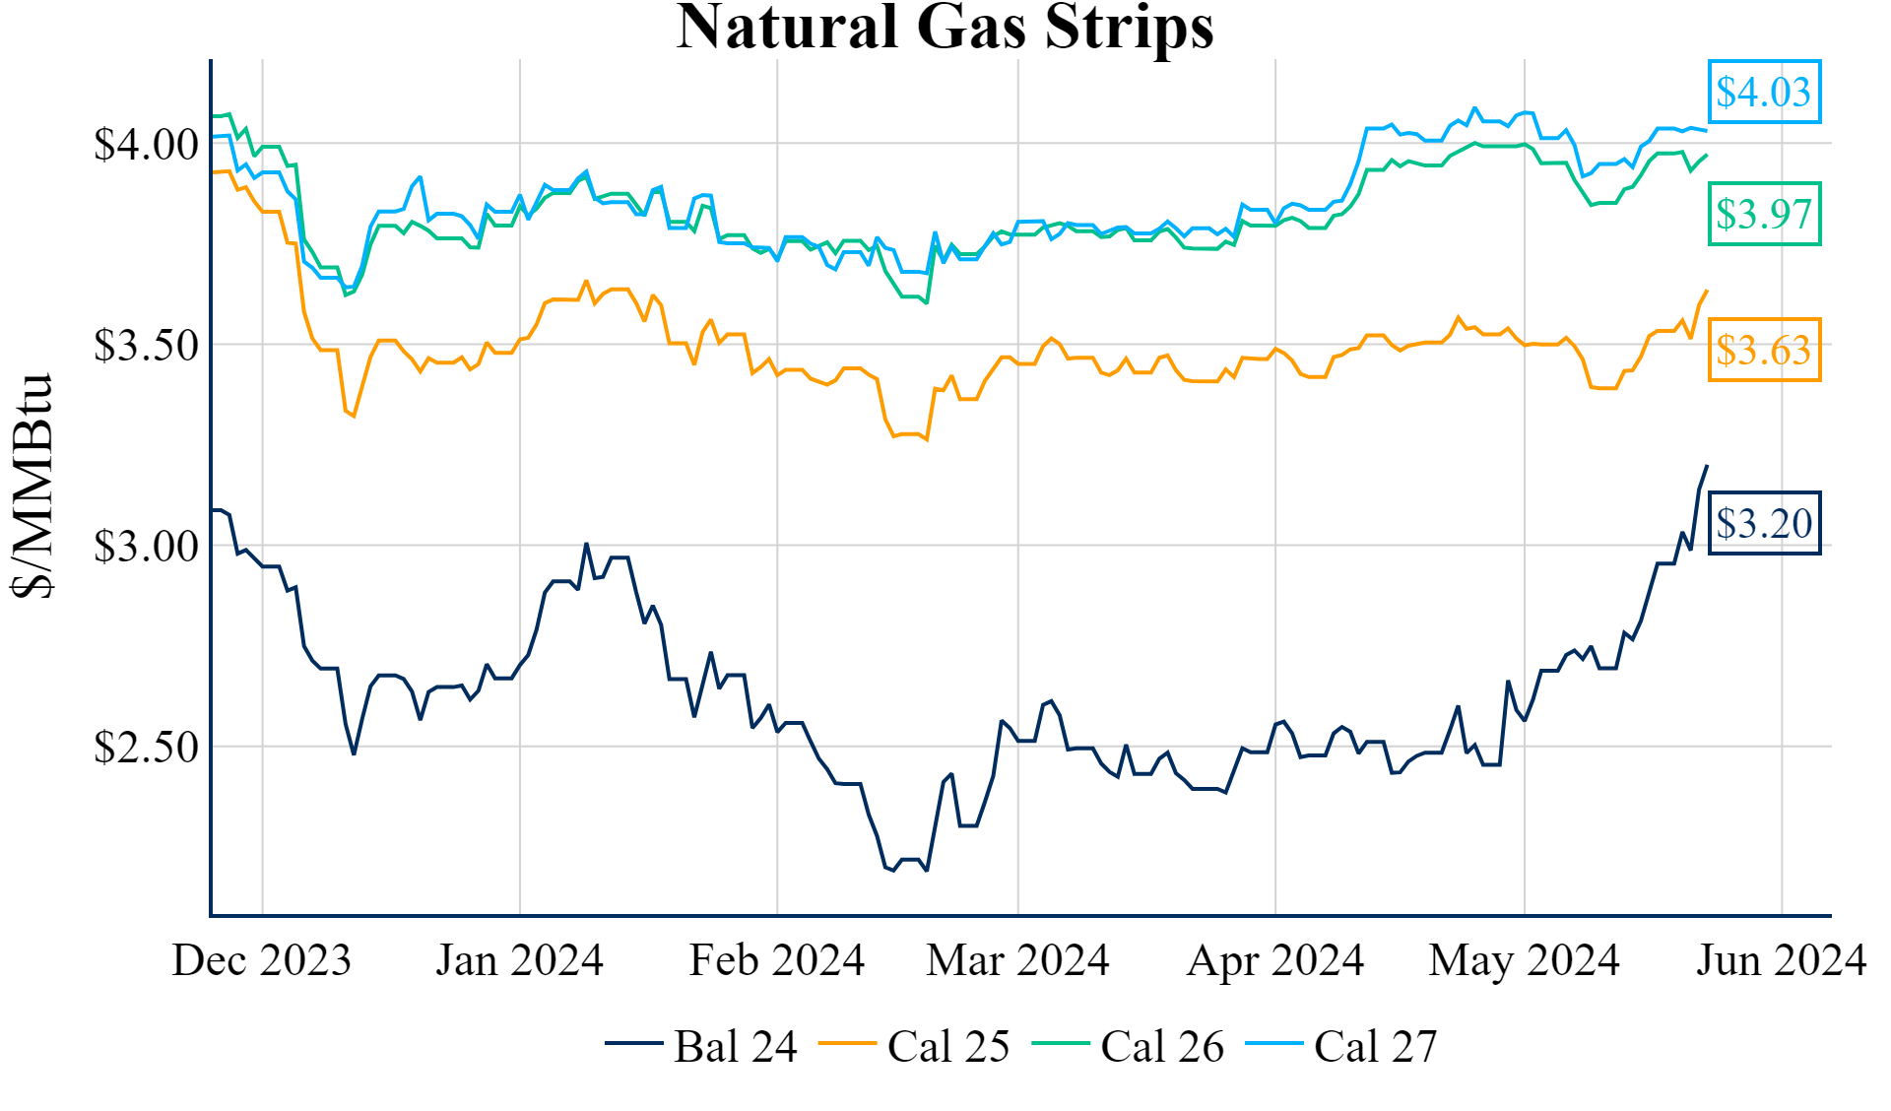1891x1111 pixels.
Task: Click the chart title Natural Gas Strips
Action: pos(945,28)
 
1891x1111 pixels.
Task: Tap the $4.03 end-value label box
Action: pos(1763,92)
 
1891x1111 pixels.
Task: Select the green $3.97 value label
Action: pos(1763,214)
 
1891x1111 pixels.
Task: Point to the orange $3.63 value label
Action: pos(1763,350)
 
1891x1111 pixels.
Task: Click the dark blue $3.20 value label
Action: pos(1763,523)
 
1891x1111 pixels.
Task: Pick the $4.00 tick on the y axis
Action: pos(146,145)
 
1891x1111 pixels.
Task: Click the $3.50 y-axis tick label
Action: pos(146,346)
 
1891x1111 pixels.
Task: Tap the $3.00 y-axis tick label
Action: pos(146,547)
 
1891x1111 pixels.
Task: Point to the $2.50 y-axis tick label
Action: pos(146,748)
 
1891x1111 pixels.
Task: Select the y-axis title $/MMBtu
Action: pos(32,486)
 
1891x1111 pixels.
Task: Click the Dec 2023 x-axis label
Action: pos(262,960)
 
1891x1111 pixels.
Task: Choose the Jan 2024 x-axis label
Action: pos(519,960)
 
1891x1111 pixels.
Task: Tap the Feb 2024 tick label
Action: pos(777,960)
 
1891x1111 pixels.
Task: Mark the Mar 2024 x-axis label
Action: pos(1017,960)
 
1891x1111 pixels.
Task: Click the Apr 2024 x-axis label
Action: pos(1275,960)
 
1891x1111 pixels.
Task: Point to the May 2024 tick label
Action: pos(1524,960)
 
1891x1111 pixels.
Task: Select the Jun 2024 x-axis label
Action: pos(1781,960)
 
